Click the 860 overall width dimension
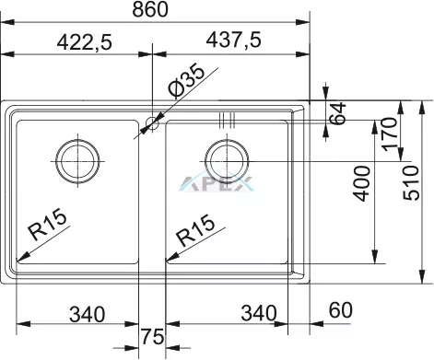coord(150,9)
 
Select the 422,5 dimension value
coord(85,42)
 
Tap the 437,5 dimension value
coord(233,40)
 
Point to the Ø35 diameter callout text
coord(186,81)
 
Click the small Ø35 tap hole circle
coord(153,123)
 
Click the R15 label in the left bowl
coord(47,225)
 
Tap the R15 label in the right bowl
coord(195,230)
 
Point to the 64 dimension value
coord(337,113)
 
